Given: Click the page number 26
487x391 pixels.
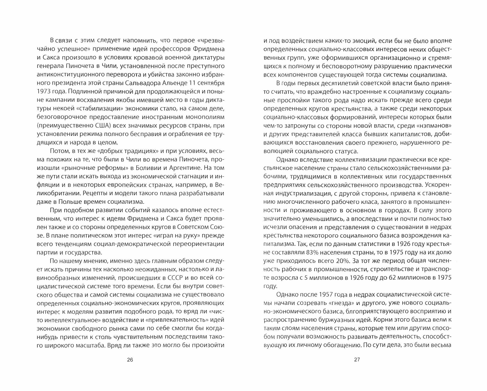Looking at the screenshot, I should (130, 360).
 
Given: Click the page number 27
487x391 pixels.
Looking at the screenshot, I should (357, 360).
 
